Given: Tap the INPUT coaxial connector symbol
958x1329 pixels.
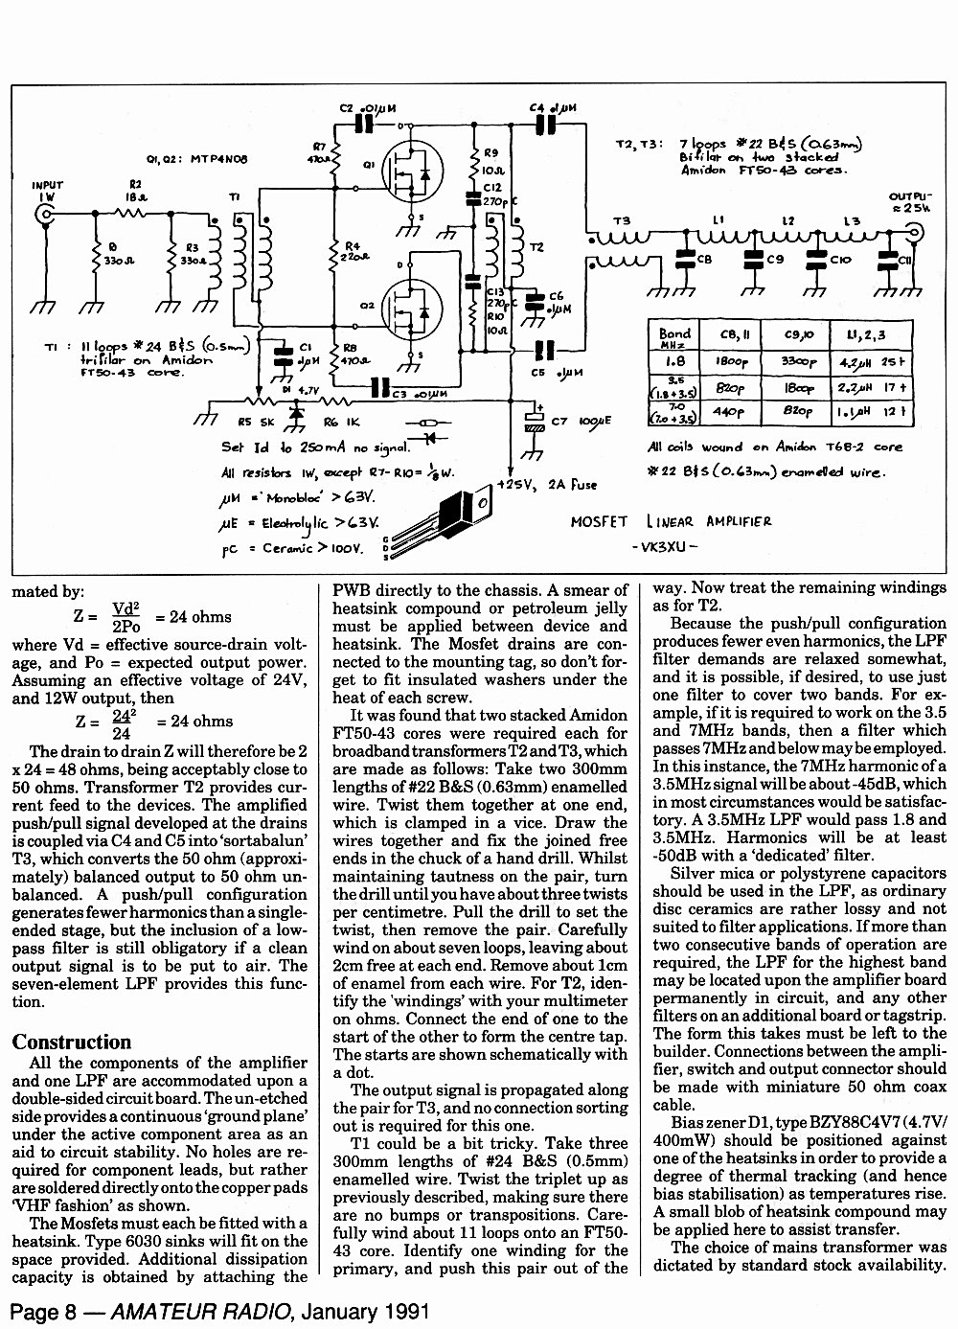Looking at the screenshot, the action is (x=45, y=215).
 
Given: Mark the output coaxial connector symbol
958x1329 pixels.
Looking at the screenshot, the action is (x=916, y=232).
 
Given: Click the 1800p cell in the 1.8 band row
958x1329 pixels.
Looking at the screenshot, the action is (x=731, y=361).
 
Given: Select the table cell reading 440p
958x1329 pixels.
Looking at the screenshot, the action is (x=729, y=411).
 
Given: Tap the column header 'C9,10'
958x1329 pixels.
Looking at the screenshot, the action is (x=795, y=335).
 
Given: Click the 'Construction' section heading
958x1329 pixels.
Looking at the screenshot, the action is (x=71, y=1042).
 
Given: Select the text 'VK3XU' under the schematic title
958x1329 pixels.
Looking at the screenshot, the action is (x=664, y=546).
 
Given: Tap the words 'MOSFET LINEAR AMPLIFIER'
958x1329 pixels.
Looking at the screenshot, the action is (x=671, y=522).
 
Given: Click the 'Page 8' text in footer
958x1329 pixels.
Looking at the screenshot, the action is (x=44, y=1312).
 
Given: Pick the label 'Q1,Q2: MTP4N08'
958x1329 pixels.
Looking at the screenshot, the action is (x=197, y=159).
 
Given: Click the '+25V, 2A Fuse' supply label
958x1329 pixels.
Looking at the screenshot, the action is (x=547, y=485).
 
